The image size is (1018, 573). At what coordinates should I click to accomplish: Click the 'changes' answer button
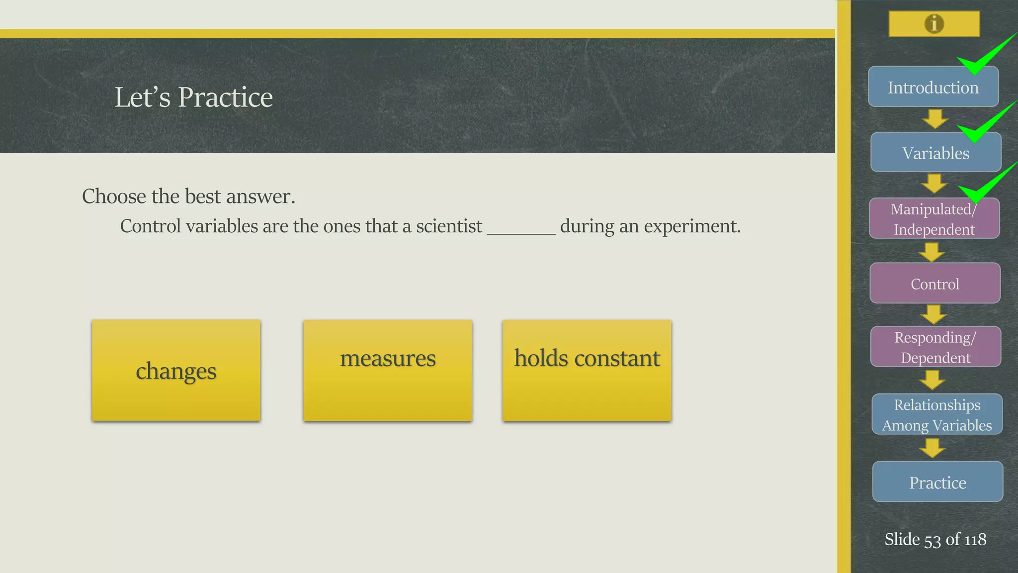coord(176,371)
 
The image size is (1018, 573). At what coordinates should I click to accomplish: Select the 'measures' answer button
coord(387,371)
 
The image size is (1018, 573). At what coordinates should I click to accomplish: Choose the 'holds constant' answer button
coord(587,371)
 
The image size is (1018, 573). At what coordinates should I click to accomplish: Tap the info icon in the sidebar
coord(934,23)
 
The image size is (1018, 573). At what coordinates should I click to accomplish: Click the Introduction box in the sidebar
coord(933,87)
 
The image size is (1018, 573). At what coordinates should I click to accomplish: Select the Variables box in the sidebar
coord(935,153)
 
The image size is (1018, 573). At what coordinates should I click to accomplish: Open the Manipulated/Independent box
coord(934,219)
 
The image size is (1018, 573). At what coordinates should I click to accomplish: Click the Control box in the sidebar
coord(934,284)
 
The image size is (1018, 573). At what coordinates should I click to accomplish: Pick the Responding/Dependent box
coord(935,347)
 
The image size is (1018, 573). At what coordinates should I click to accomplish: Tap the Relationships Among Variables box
coord(936,414)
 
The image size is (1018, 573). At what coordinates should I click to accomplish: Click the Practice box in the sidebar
coord(937,482)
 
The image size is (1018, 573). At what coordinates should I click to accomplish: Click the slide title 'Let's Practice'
coord(193,97)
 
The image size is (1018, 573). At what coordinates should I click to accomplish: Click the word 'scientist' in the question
coord(449,226)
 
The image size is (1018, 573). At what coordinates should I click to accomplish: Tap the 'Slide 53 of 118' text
coord(935,539)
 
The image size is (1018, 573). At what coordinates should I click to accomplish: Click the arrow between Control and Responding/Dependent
coord(933,314)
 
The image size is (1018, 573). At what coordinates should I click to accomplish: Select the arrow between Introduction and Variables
coord(934,119)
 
